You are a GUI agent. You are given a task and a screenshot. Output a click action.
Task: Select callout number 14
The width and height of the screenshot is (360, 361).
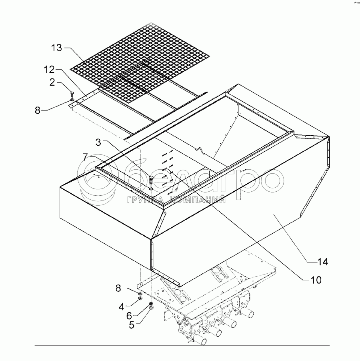[322, 262]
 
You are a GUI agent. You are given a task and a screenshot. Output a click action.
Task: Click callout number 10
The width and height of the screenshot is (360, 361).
[316, 280]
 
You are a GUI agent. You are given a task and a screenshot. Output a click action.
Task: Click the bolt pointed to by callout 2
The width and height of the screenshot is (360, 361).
[72, 94]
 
